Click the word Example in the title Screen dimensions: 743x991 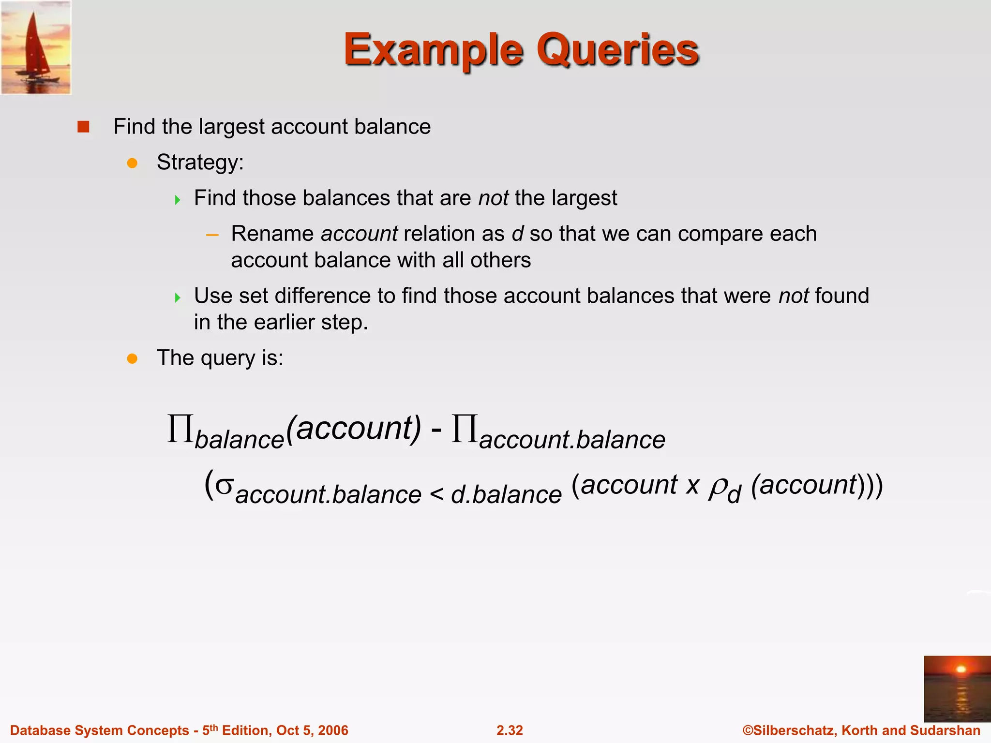(433, 50)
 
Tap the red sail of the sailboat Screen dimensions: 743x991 (35, 44)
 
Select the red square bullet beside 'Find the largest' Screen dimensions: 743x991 (83, 127)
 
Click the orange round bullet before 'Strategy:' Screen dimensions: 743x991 (132, 163)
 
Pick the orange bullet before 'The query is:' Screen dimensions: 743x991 (132, 358)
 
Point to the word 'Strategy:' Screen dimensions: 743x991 (200, 163)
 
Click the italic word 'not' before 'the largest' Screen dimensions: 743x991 (493, 198)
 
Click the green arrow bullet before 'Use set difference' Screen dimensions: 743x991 (178, 297)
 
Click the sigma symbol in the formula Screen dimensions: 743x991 (224, 485)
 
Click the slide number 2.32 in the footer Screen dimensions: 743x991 (510, 730)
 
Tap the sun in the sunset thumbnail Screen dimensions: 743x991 (961, 669)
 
